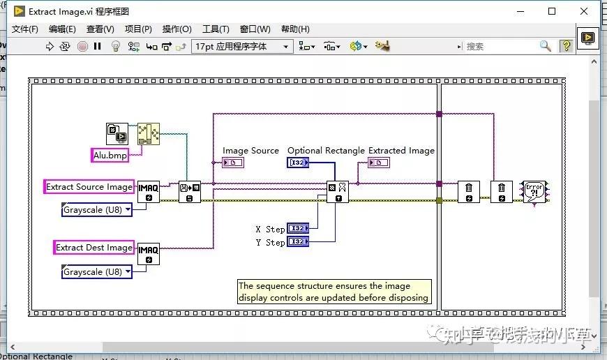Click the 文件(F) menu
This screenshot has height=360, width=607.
[x=25, y=29]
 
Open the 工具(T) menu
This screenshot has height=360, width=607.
[x=215, y=29]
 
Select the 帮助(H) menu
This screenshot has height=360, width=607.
[x=294, y=29]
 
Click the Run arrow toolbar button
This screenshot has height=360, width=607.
[x=50, y=47]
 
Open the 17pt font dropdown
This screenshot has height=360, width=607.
[x=241, y=47]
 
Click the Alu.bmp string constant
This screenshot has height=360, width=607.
[x=110, y=156]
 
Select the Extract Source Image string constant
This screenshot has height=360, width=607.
[x=89, y=187]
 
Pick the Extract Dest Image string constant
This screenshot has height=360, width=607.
[x=94, y=248]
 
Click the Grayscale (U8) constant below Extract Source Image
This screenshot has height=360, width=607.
[x=97, y=210]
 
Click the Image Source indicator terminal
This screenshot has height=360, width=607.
[x=233, y=163]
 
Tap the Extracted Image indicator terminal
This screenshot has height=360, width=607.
[x=379, y=163]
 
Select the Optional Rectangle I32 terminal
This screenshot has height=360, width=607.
[x=298, y=163]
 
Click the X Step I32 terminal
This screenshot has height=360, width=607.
[x=298, y=229]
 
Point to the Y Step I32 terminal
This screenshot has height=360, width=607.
[x=298, y=242]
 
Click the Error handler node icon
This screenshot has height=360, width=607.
[x=534, y=191]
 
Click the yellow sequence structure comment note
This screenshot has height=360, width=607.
[x=334, y=292]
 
